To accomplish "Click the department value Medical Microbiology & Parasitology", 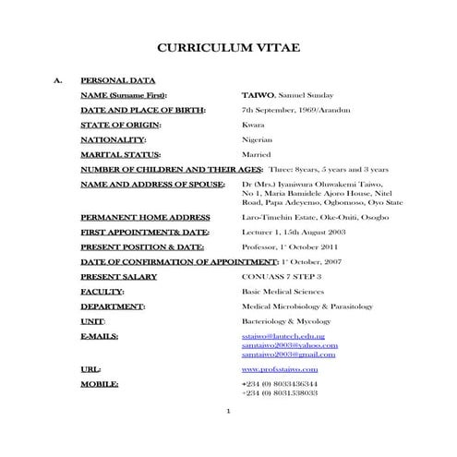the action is pyautogui.click(x=307, y=306).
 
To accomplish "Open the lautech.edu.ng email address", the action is pyautogui.click(x=283, y=337).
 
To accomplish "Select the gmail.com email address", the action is pyautogui.click(x=288, y=354).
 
